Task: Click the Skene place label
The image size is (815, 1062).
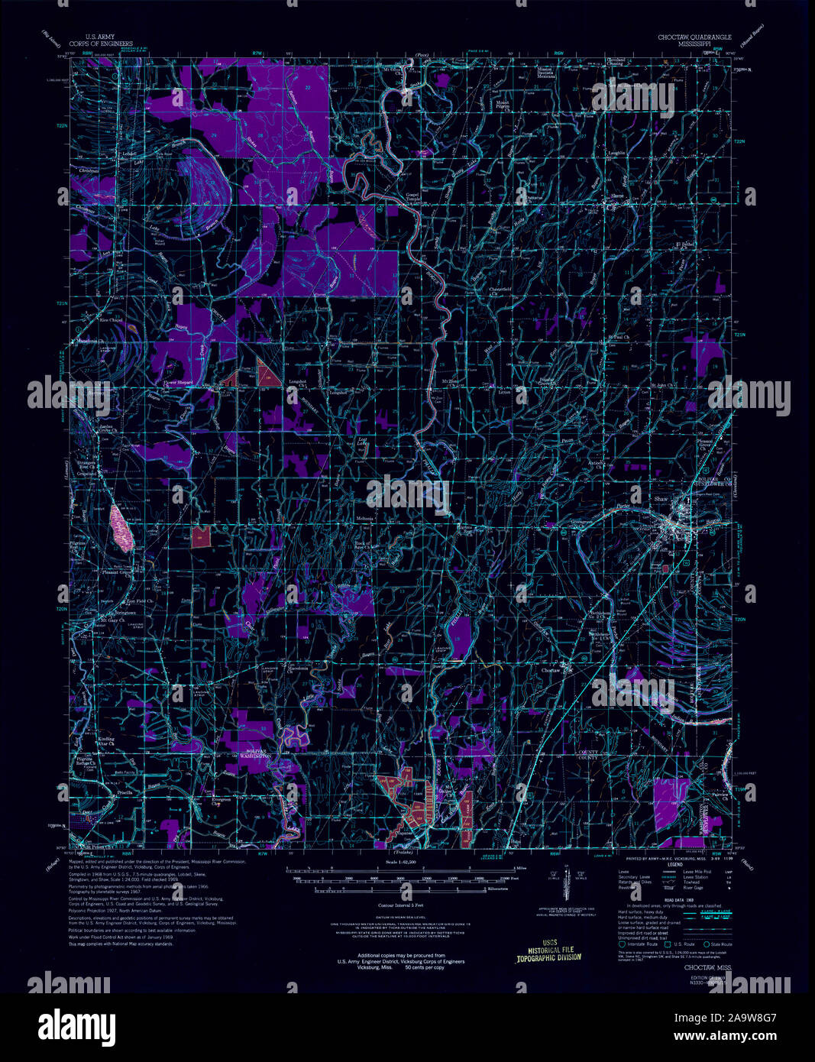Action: click(x=616, y=196)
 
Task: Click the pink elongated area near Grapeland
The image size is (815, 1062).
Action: click(x=122, y=527)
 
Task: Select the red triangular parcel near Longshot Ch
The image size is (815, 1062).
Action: click(x=267, y=374)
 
